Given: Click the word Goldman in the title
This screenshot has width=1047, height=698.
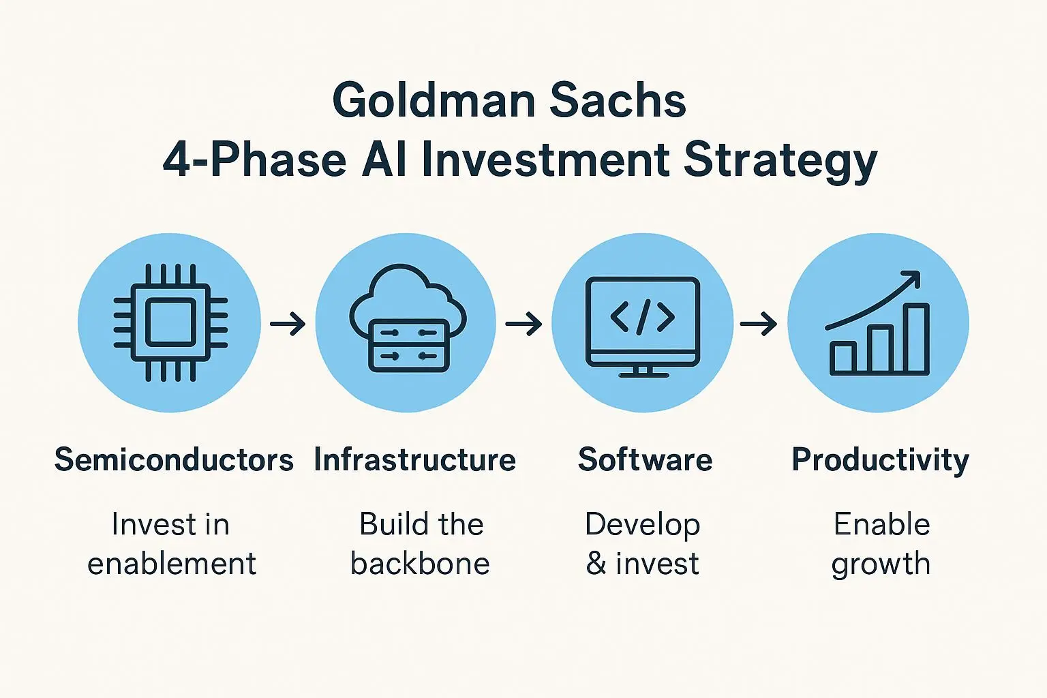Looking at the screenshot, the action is [x=434, y=100].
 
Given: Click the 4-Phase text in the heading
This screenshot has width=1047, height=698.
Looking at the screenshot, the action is [x=255, y=160].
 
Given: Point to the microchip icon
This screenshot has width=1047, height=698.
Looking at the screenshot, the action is [x=170, y=322].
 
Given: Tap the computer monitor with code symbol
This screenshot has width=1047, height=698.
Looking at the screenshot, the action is [x=643, y=327].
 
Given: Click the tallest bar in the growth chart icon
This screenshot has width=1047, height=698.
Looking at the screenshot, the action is [x=915, y=338].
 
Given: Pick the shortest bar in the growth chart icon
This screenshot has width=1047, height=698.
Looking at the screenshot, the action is [x=843, y=358].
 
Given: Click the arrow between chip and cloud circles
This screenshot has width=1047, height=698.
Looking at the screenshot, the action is [x=288, y=324].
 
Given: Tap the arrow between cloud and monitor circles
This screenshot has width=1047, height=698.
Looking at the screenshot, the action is [x=523, y=324].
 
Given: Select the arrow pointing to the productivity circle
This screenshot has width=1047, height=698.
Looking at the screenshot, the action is [x=759, y=324].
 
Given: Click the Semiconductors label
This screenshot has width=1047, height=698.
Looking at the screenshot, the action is [x=174, y=459].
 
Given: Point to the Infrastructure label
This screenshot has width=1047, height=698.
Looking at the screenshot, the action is [x=415, y=459].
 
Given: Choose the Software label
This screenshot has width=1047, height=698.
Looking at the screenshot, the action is [x=645, y=459].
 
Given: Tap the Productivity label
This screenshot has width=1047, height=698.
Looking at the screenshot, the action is [x=881, y=461].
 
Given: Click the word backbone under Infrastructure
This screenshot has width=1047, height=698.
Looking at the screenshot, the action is [x=420, y=563].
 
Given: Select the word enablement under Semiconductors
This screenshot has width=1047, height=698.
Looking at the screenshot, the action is [x=172, y=563].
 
